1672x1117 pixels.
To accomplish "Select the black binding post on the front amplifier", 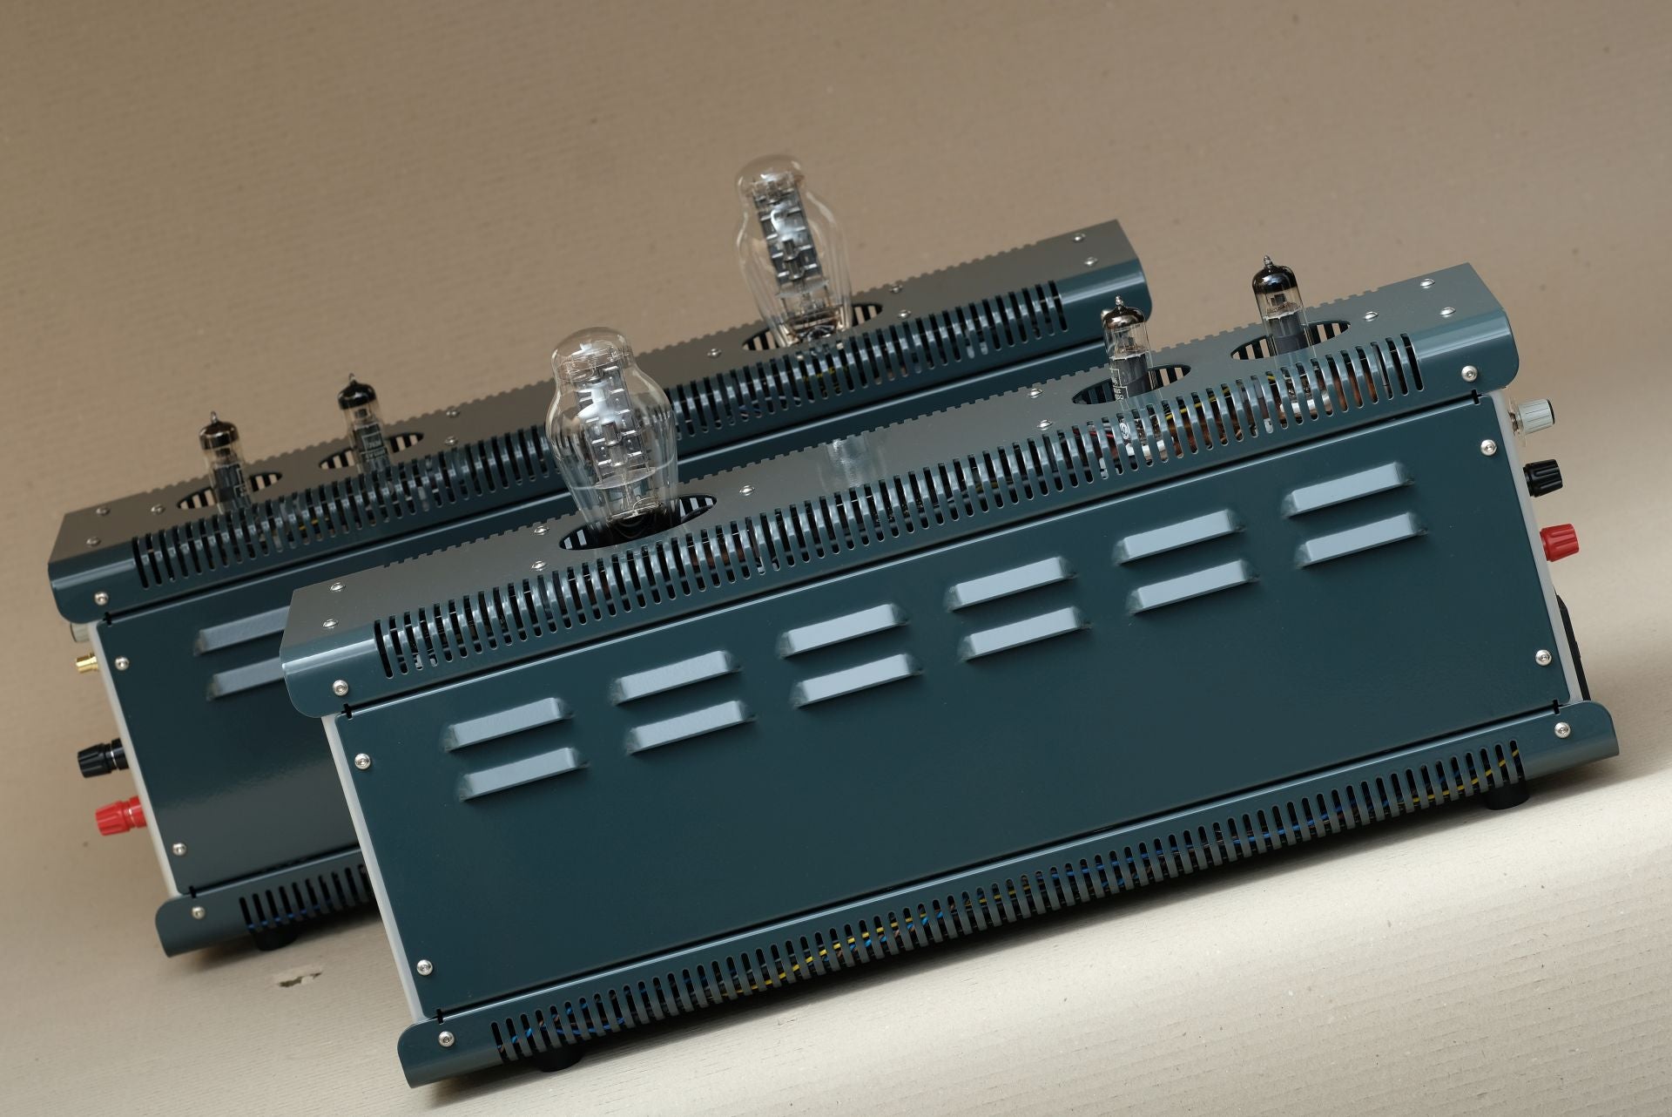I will click(1546, 476).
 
